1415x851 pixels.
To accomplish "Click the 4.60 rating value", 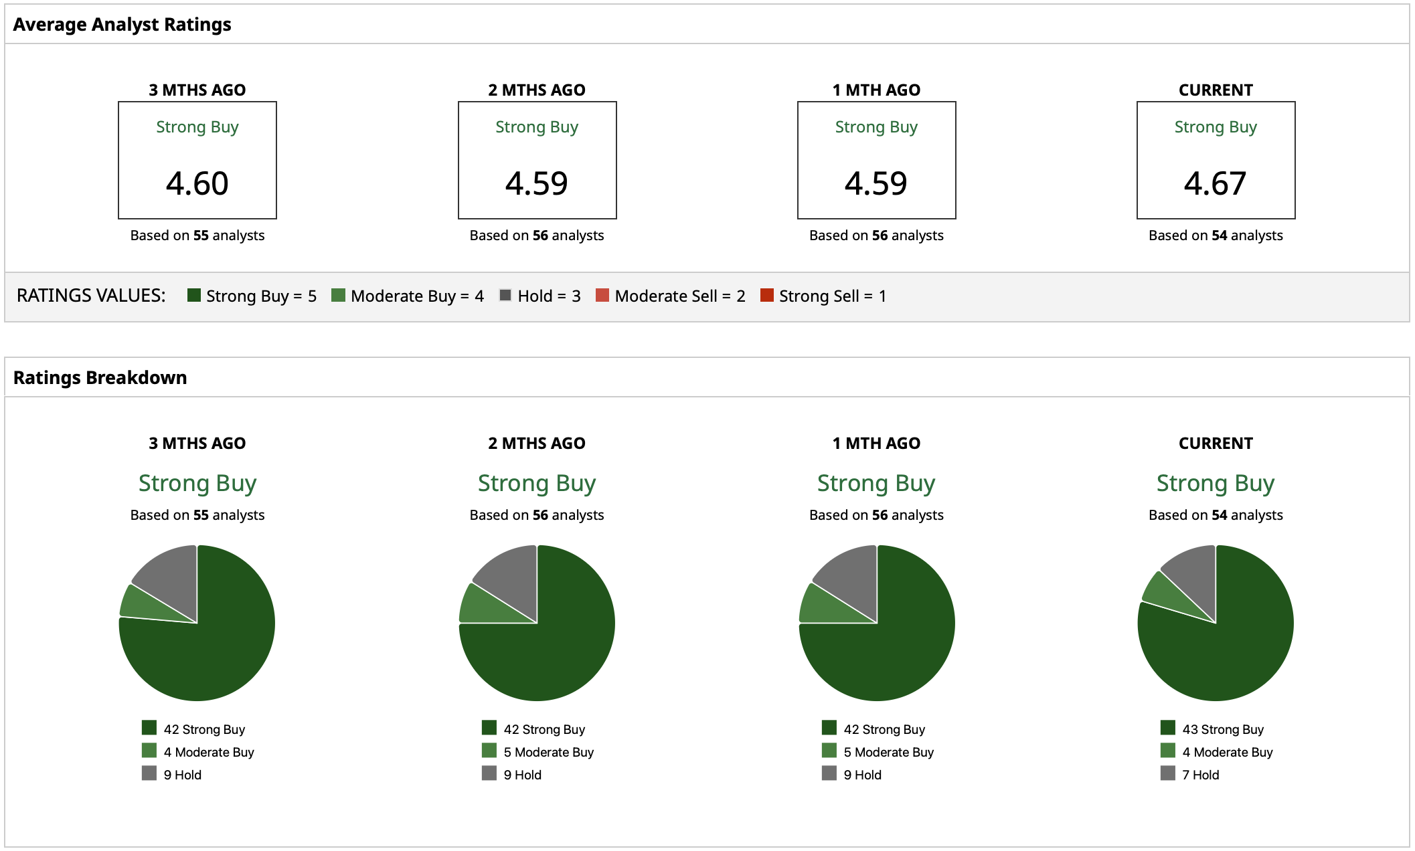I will pos(197,183).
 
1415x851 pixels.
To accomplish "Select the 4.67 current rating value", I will pos(1216,183).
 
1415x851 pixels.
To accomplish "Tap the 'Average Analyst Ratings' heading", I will pos(122,25).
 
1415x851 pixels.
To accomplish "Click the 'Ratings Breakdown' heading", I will pos(100,378).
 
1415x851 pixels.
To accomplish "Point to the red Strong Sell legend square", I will pos(767,295).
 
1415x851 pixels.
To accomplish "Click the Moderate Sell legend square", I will pos(602,295).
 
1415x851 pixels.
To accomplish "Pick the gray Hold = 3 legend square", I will pos(505,295).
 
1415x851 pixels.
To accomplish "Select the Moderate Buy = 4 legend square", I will pos(338,295).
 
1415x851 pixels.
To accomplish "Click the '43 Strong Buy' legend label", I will pos(1223,729).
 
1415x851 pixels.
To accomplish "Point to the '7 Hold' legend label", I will pos(1201,775).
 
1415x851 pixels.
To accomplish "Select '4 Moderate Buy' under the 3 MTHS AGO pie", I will pos(209,752).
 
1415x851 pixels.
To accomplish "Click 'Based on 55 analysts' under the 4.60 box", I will pos(197,235).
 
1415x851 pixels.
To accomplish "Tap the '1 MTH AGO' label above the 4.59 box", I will pos(876,90).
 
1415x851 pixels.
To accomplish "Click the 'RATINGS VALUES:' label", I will pos(91,296).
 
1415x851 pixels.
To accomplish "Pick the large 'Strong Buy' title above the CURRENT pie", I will pos(1216,483).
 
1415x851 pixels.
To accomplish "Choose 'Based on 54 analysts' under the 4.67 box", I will pos(1216,235).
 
